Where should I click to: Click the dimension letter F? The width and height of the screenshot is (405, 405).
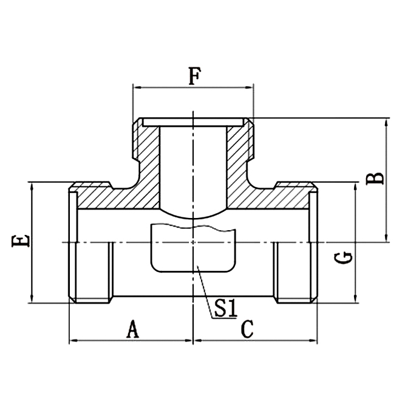[x=194, y=77]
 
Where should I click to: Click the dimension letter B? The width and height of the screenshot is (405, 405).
[x=377, y=177]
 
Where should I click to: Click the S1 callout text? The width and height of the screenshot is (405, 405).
[x=225, y=309]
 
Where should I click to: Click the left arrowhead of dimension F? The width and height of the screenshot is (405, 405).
[x=137, y=88]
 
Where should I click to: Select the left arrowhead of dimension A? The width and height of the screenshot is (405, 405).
[x=73, y=341]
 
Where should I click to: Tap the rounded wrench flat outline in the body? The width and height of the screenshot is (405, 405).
[x=192, y=249]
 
